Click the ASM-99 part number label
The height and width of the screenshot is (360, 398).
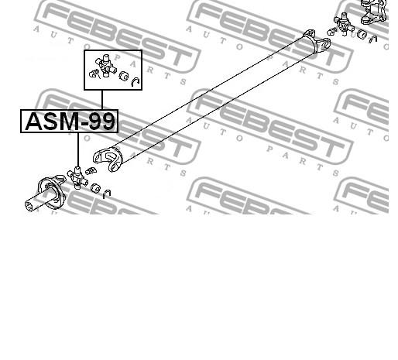[x=70, y=122]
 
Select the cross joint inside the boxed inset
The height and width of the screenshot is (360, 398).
[x=106, y=65]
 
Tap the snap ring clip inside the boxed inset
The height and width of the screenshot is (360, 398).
[x=136, y=81]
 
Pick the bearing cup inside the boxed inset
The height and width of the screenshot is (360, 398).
[x=124, y=76]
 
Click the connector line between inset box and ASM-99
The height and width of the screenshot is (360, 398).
[x=102, y=100]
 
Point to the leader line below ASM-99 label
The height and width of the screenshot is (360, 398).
[x=78, y=150]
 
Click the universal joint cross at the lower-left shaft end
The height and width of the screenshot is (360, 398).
[x=77, y=178]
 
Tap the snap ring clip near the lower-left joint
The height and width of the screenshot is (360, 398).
[x=107, y=194]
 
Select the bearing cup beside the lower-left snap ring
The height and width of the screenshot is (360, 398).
[x=96, y=188]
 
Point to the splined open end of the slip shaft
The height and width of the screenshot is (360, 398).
[x=29, y=206]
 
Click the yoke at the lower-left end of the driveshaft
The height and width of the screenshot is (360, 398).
[x=108, y=159]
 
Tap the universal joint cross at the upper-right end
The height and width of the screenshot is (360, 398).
[x=344, y=24]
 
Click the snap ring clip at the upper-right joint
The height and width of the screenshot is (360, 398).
[x=373, y=39]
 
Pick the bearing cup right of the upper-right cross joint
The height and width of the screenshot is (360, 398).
[x=362, y=34]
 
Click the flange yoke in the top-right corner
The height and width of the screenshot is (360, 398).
[x=373, y=12]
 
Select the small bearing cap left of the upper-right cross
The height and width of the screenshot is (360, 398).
[x=331, y=32]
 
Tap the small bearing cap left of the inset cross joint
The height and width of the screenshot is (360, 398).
[x=93, y=74]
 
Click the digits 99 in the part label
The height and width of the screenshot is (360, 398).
[x=101, y=122]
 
